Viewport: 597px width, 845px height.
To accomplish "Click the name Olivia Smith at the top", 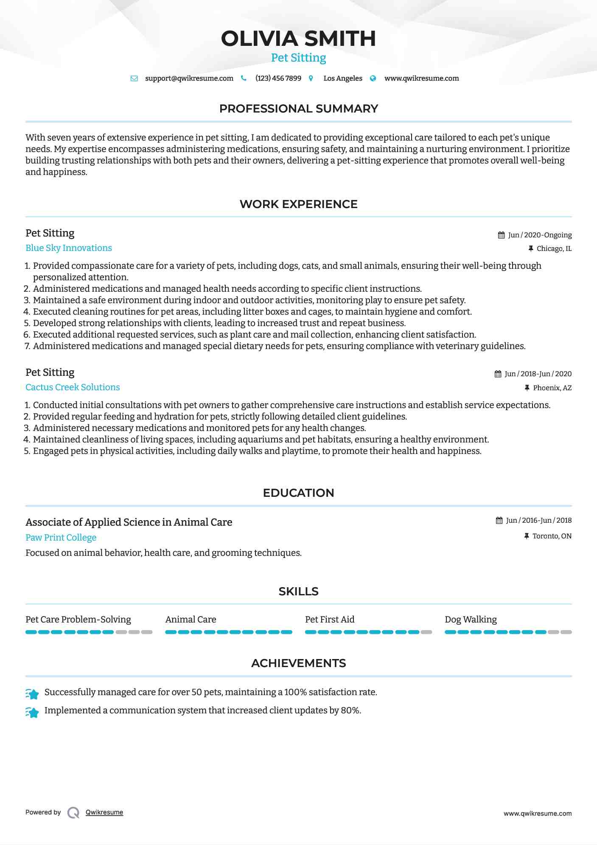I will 298,39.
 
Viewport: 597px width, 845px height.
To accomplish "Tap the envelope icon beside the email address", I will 134,79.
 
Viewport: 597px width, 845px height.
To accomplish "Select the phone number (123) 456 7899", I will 278,79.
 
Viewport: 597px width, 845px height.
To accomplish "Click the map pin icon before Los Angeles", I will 311,79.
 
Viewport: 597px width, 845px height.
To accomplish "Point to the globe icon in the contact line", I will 373,79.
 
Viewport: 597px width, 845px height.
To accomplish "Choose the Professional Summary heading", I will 298,109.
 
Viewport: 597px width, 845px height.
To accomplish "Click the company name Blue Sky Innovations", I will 69,248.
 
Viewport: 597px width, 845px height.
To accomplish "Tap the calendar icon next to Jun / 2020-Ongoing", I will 501,235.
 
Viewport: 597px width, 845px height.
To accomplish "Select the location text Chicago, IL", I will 554,249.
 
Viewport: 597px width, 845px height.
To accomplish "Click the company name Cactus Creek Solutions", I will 73,387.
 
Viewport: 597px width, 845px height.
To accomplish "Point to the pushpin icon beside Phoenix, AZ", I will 527,388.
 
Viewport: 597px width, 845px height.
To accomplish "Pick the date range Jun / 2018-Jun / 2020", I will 538,374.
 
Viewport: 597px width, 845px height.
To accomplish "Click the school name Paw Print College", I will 61,538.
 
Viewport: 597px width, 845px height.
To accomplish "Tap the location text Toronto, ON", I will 552,536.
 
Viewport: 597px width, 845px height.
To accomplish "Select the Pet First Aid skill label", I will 330,620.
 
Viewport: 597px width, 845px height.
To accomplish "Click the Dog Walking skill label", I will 471,620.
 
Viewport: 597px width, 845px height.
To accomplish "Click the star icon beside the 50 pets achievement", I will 32,694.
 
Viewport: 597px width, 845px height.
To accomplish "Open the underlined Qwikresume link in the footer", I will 104,812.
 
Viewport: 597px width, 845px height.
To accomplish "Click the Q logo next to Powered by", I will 73,813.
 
